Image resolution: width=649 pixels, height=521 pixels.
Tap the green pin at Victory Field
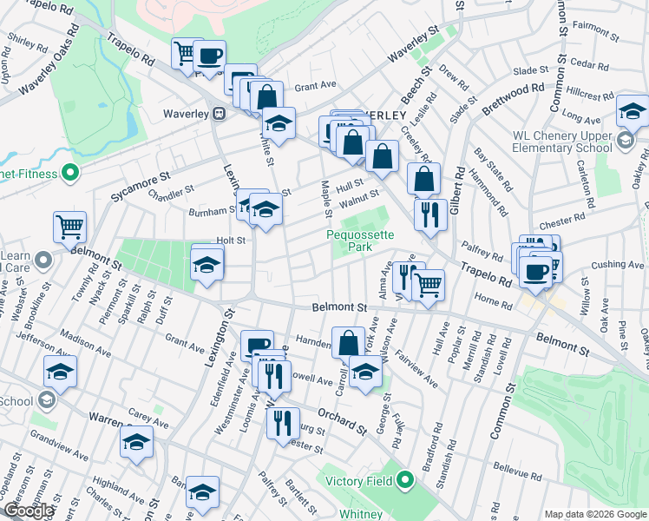point(405,481)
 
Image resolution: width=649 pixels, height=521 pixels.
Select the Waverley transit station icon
point(220,114)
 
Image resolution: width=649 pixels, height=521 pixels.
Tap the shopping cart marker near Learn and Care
point(69,228)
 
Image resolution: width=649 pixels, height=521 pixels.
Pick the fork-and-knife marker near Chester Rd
point(430,214)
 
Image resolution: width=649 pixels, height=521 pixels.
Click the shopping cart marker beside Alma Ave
point(428,283)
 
